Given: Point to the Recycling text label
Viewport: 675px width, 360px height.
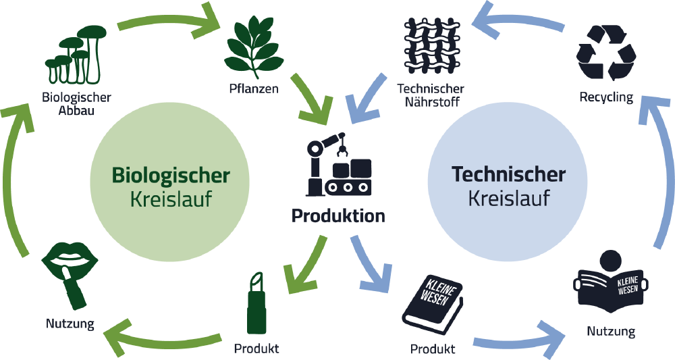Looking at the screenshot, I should pyautogui.click(x=606, y=97).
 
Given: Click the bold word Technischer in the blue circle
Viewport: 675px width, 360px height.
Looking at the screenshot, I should pyautogui.click(x=508, y=175).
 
